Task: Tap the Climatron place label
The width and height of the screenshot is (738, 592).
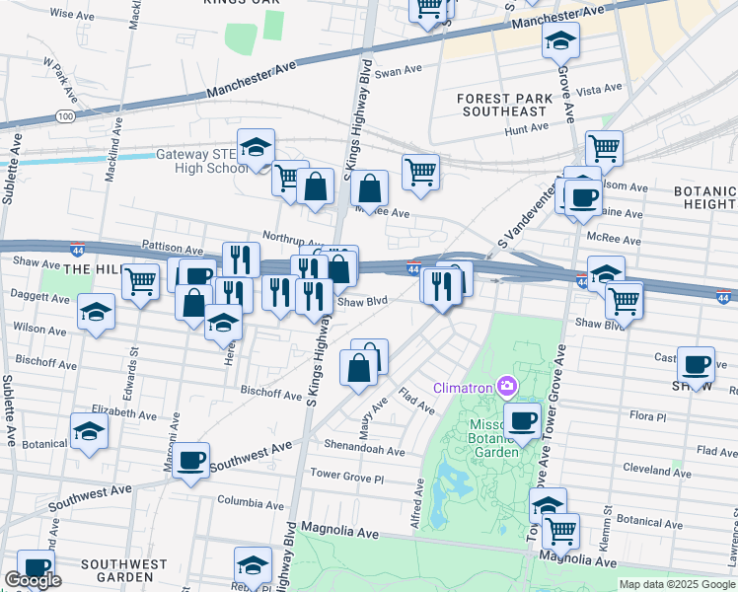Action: pos(465,385)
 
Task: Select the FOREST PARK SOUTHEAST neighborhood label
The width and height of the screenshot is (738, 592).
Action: pos(502,105)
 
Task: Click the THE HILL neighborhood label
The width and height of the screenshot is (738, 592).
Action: pos(92,268)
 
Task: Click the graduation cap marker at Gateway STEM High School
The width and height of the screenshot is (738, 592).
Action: pos(257,148)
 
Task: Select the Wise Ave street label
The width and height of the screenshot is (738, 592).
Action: pos(70,15)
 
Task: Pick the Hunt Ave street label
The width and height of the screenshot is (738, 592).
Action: pos(525,129)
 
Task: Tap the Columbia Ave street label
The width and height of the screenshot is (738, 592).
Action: pos(251,501)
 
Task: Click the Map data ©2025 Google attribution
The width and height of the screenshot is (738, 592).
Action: pos(677,584)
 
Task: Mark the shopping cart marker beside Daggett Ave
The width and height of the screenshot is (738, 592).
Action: pos(141,280)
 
